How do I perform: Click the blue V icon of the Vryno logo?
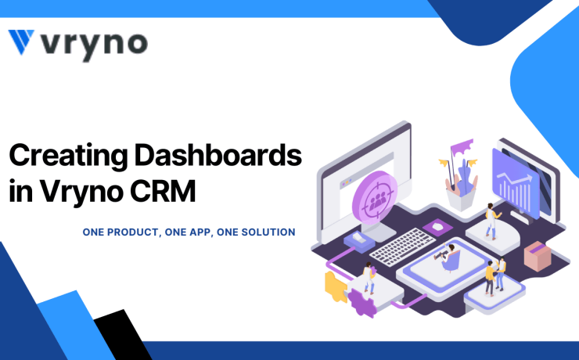coord(21,41)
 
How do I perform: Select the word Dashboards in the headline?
coord(218,155)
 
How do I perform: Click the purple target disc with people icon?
coord(375,198)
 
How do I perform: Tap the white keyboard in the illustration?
coord(402,247)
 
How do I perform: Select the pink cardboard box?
coord(538,256)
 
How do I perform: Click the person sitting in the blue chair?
coord(448,257)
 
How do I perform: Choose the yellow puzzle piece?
coord(335,286)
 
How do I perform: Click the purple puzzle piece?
coord(361,302)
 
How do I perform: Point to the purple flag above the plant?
coord(461,146)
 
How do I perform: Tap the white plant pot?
coord(461,200)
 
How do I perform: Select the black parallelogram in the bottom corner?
coord(123,334)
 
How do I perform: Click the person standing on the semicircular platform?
coord(492,221)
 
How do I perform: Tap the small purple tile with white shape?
coord(438,227)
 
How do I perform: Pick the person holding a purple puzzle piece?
coord(369,278)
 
